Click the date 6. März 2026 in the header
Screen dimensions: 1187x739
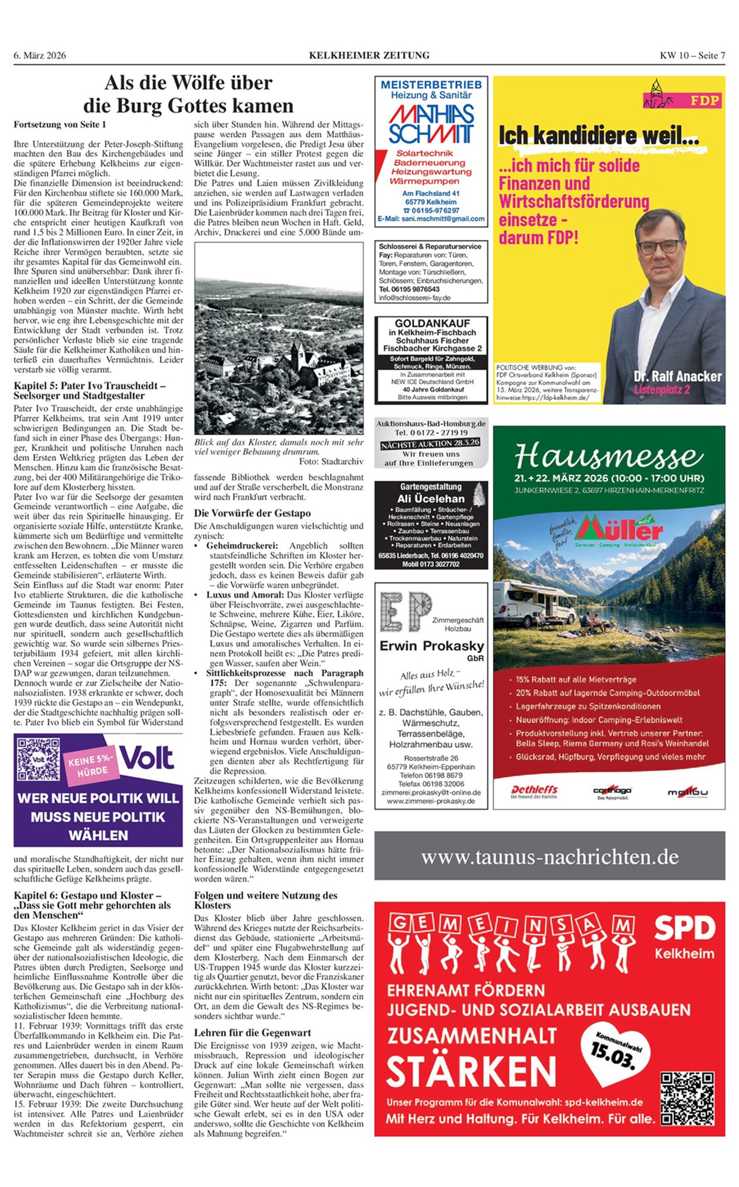pos(40,55)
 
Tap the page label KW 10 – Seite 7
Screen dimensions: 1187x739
pos(692,55)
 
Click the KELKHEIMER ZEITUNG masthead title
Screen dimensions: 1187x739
pos(369,55)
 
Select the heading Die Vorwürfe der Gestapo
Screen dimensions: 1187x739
pos(252,513)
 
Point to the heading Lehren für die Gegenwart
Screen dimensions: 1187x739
pos(253,1033)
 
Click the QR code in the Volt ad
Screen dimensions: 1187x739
pos(38,760)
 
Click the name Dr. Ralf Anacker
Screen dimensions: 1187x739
pos(678,377)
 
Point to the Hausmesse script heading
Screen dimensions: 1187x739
pos(608,457)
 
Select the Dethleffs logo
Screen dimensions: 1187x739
pos(534,791)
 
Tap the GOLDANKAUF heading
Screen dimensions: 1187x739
pos(432,324)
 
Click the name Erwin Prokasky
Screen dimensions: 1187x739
pos(431,646)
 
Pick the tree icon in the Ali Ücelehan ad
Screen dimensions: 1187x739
pos(478,495)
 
